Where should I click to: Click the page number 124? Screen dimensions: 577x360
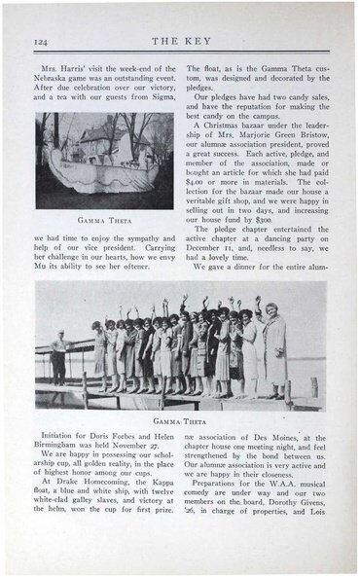(x=41, y=41)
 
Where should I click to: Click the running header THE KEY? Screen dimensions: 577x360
(x=179, y=41)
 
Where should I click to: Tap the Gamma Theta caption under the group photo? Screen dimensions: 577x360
(x=179, y=422)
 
